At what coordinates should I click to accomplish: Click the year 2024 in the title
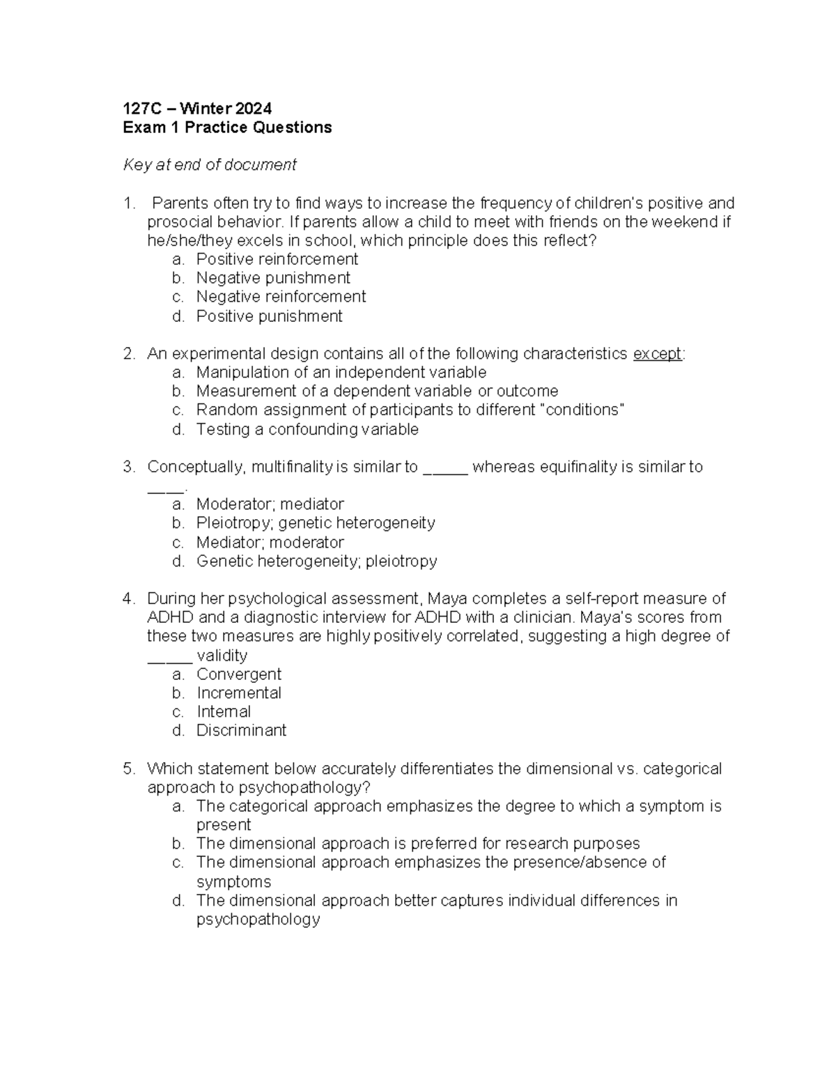(254, 108)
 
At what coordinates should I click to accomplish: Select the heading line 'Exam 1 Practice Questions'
(227, 127)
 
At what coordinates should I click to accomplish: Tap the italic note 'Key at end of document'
(210, 165)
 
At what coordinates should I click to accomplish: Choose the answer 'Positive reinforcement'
(277, 259)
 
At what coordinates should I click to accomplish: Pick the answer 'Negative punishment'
(273, 278)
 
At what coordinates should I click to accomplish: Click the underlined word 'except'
(657, 354)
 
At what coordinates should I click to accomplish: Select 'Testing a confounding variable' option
(307, 429)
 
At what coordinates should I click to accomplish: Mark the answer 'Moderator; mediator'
(270, 504)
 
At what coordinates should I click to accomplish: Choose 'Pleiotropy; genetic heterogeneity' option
(316, 523)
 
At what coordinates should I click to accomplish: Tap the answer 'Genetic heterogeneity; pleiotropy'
(316, 561)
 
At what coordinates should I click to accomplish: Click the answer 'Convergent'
(239, 674)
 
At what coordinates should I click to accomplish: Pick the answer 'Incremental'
(239, 693)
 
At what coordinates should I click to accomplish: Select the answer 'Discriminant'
(241, 730)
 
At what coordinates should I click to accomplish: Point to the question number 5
(128, 768)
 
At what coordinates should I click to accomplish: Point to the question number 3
(128, 467)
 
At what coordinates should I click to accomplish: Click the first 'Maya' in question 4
(444, 598)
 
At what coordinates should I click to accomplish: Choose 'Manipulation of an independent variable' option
(341, 372)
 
